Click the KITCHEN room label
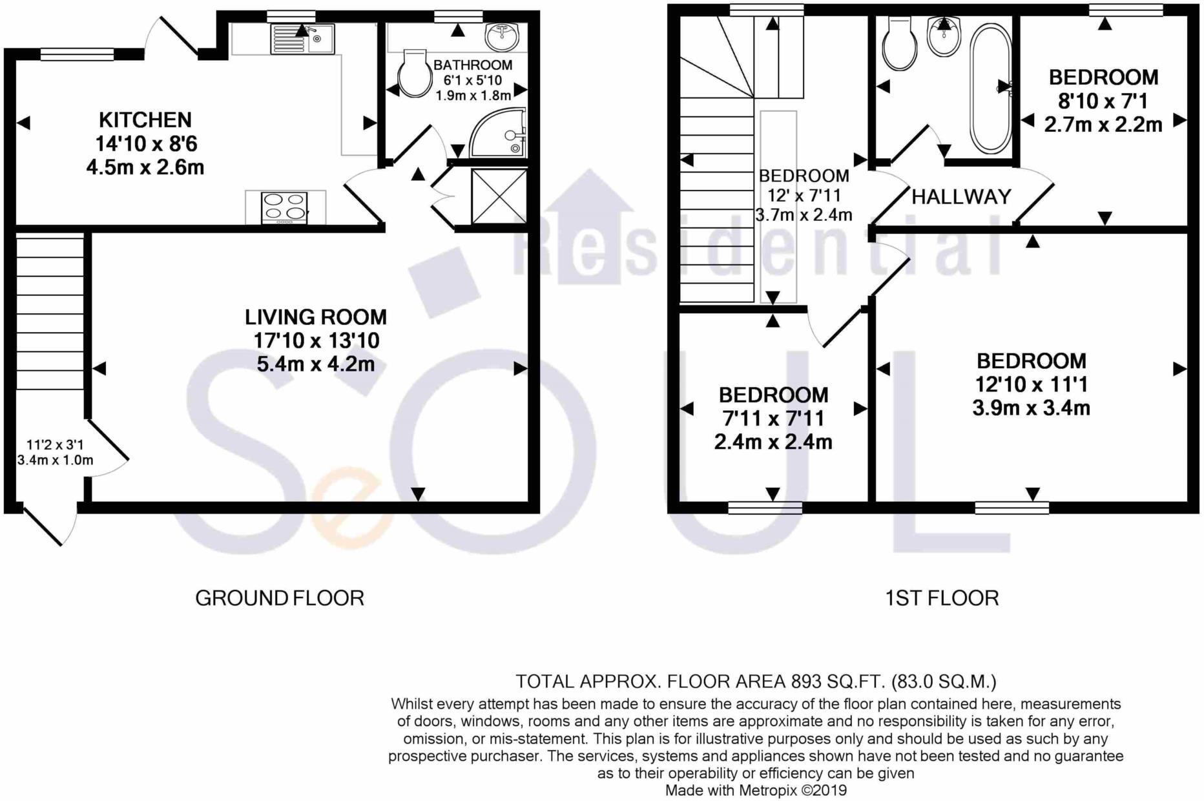point(145,120)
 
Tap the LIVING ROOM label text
point(316,317)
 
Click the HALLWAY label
point(961,196)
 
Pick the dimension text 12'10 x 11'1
point(1032,384)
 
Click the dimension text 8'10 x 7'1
point(1104,101)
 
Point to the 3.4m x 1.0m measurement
point(56,461)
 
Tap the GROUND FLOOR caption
point(280,598)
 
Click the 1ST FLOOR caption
point(942,598)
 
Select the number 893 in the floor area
point(806,681)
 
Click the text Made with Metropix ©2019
point(756,790)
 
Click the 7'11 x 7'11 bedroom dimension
point(773,419)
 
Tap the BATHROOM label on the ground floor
point(473,65)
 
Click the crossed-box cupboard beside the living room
point(499,196)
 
